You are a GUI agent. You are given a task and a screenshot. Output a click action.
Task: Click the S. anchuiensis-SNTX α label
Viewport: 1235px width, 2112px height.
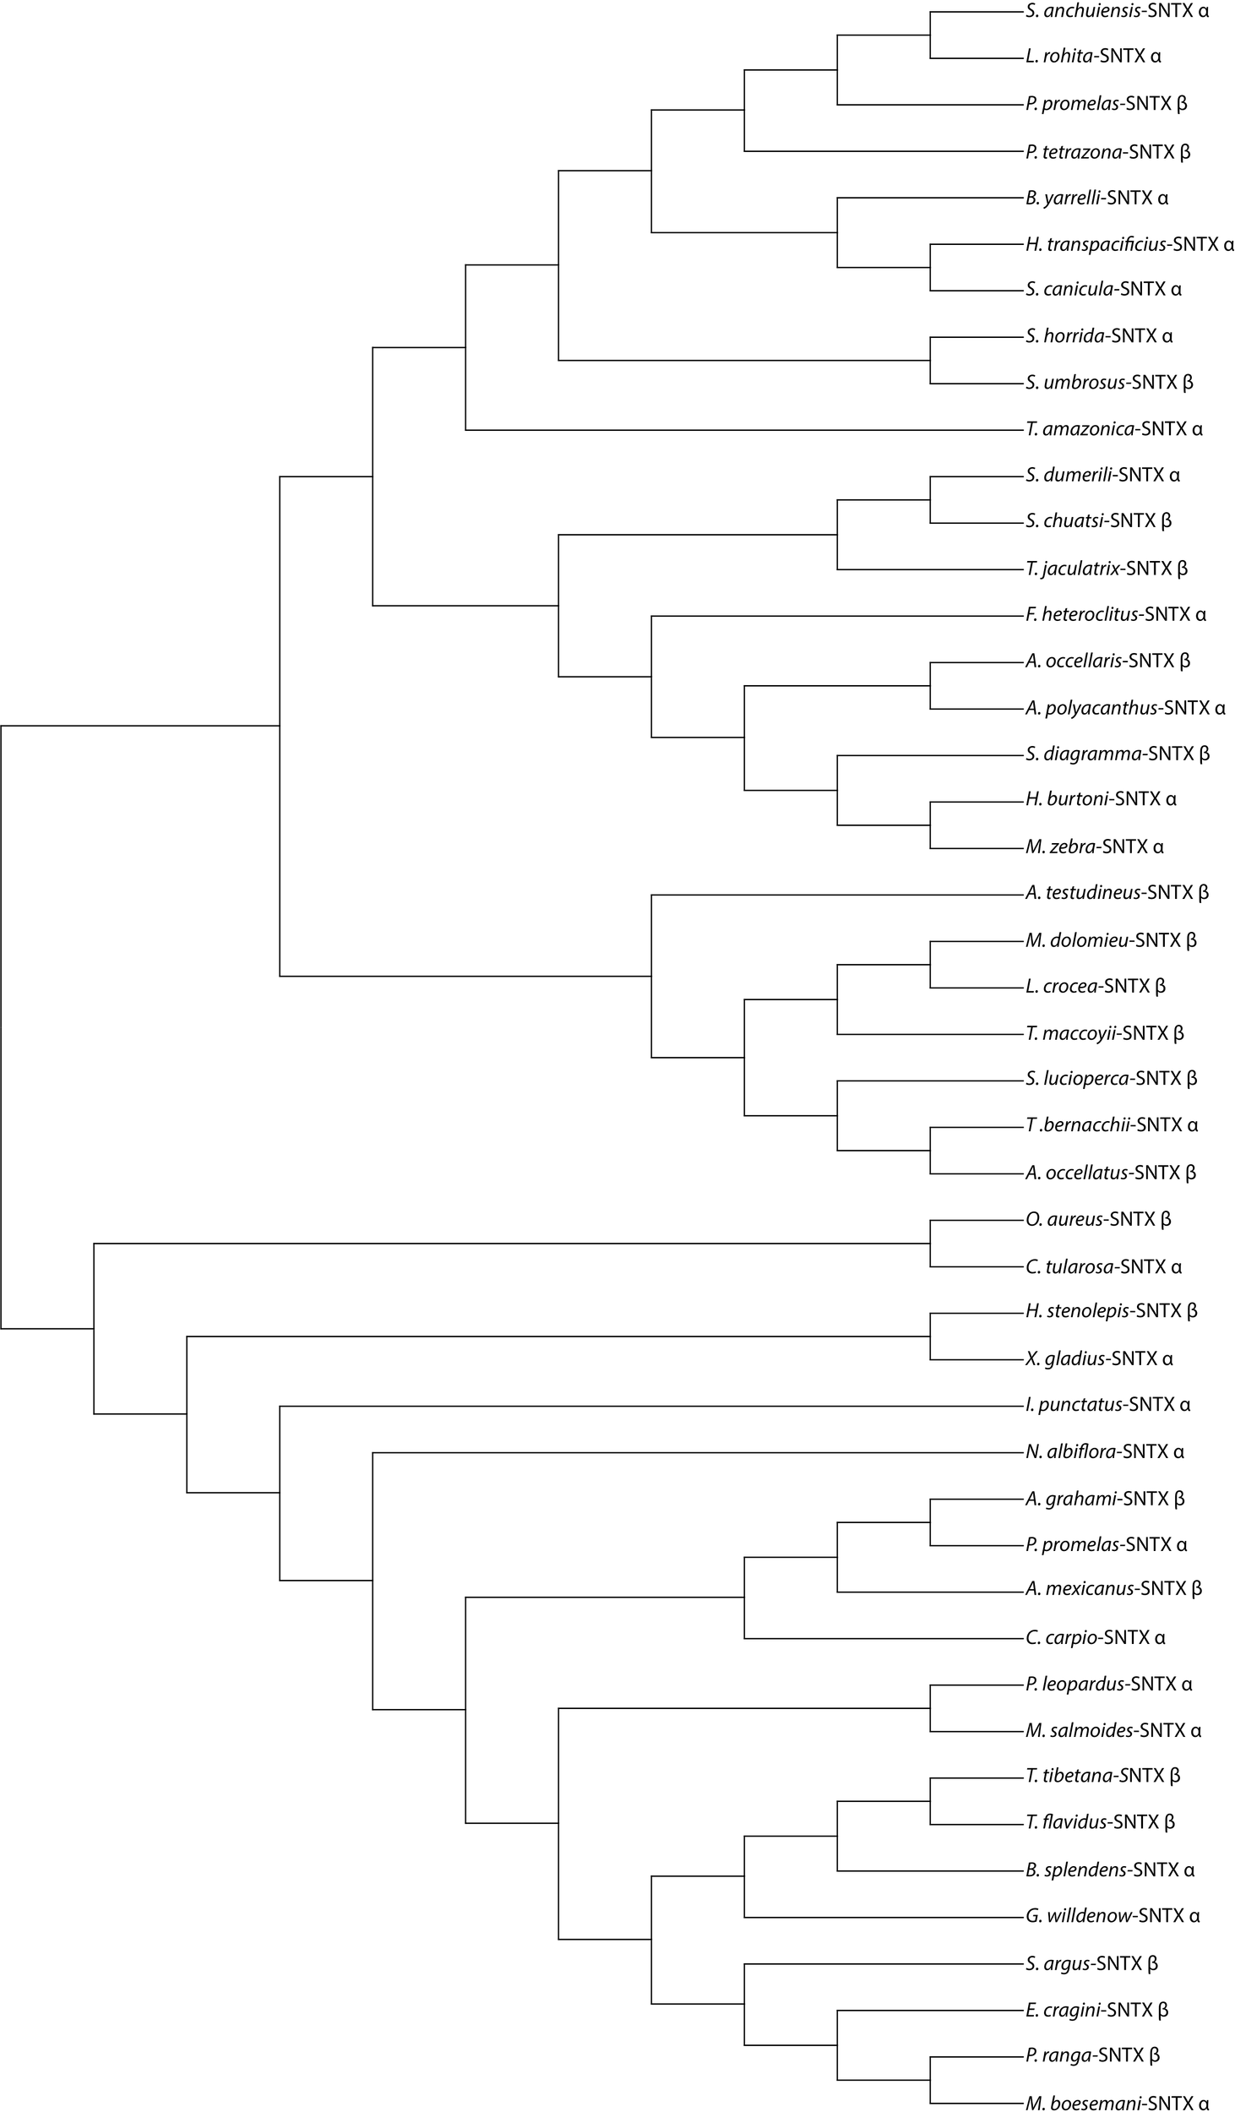click(x=1117, y=12)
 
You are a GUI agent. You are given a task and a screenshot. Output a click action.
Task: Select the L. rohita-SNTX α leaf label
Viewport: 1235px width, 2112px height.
click(x=1093, y=57)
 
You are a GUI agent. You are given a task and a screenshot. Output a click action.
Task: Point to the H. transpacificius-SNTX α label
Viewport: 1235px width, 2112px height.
click(x=1129, y=245)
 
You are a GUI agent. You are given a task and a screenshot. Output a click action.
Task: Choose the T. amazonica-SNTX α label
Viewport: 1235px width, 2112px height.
click(x=1114, y=429)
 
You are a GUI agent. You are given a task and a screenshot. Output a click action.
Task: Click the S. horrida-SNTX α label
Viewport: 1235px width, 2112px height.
click(x=1099, y=336)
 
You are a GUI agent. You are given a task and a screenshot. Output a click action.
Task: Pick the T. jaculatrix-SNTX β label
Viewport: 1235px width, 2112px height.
click(x=1107, y=569)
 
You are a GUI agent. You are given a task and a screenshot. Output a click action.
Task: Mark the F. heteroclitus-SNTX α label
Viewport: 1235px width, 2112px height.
click(x=1116, y=615)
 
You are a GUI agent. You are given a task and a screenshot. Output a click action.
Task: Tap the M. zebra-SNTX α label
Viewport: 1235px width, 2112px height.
click(x=1095, y=846)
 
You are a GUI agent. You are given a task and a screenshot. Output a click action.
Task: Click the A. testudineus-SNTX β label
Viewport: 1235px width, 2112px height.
click(x=1117, y=893)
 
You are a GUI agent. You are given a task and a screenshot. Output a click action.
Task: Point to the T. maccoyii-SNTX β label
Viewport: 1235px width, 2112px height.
click(x=1105, y=1033)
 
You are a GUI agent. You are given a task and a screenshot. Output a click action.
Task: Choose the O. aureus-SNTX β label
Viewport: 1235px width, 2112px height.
click(x=1098, y=1220)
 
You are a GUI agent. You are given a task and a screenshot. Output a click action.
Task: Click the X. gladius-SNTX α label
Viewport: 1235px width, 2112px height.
click(x=1099, y=1359)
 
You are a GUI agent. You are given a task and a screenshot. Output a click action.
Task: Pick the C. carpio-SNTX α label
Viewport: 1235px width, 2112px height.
click(x=1096, y=1638)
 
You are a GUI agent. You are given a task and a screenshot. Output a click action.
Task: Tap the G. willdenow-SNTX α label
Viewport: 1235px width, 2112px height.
click(x=1113, y=1916)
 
